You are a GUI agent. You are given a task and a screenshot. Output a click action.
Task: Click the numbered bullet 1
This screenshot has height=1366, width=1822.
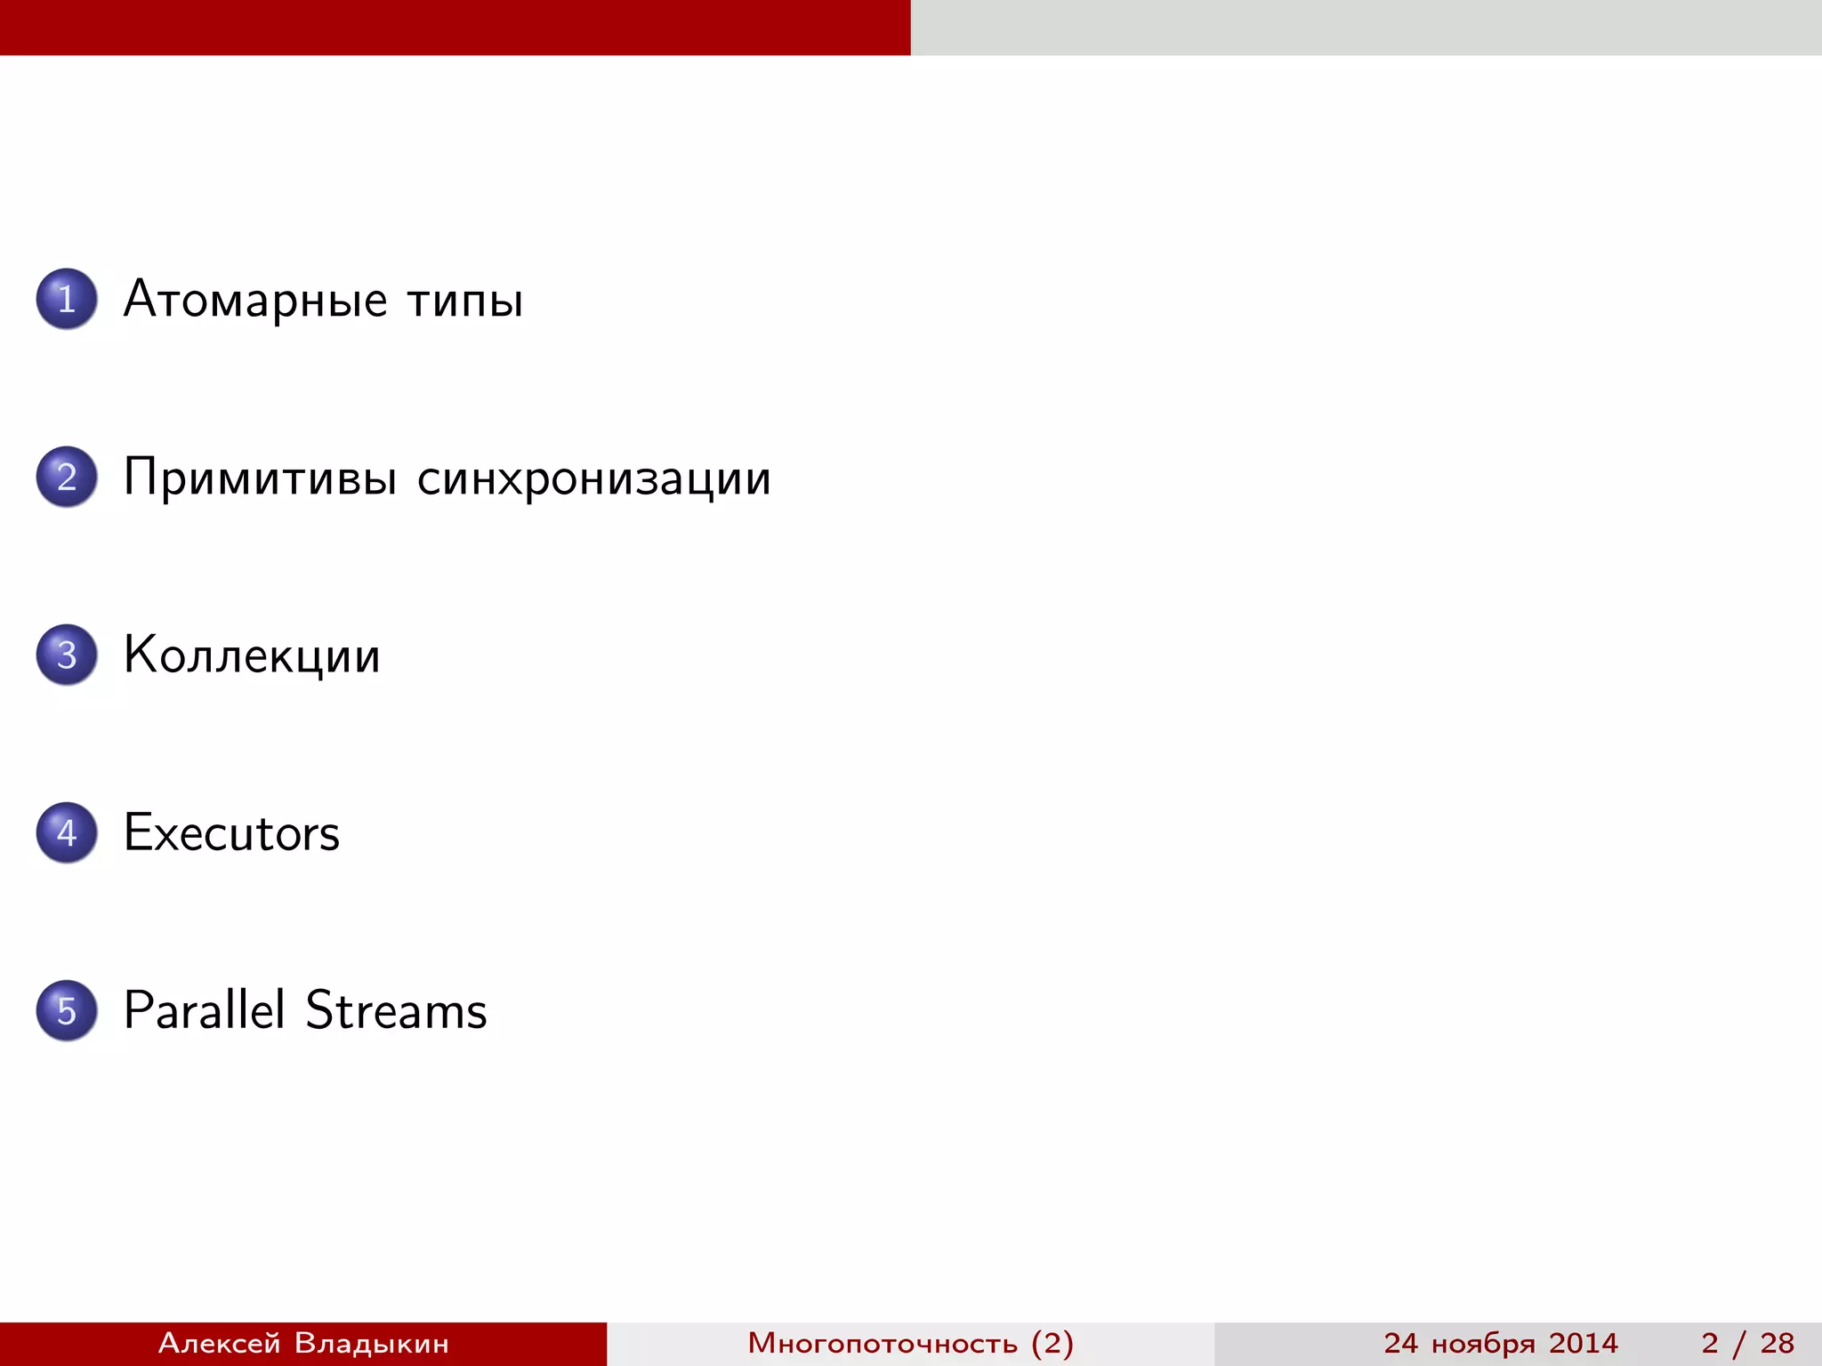67,299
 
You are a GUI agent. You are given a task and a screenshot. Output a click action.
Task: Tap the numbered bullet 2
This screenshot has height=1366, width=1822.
67,477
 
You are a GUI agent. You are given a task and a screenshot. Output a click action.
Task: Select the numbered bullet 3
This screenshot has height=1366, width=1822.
67,655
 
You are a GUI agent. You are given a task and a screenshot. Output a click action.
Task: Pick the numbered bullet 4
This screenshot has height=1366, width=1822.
67,832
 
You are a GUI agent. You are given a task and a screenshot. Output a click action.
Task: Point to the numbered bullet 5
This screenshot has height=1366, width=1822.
67,1010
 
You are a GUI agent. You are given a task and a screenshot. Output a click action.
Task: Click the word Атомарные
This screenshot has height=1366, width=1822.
255,301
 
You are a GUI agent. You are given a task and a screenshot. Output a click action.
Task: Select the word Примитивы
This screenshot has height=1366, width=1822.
260,478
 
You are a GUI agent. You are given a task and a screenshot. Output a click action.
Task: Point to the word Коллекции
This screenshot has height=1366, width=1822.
252,656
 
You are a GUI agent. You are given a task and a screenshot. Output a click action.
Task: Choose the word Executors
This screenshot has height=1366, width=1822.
231,833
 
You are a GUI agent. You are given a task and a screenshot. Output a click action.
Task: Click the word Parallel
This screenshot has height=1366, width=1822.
205,1010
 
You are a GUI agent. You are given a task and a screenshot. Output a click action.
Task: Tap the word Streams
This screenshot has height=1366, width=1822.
396,1010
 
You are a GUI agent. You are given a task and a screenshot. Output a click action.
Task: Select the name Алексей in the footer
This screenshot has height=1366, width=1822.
219,1343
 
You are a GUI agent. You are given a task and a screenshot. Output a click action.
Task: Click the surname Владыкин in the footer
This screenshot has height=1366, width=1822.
371,1343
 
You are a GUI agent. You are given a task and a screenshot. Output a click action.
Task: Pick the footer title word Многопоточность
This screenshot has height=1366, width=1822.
882,1343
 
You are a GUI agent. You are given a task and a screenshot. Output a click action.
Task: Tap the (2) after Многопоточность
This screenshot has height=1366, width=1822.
1052,1343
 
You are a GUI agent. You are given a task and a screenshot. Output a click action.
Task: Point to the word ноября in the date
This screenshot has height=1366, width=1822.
1483,1344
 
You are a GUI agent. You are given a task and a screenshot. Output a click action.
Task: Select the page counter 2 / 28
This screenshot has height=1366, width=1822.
1747,1343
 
